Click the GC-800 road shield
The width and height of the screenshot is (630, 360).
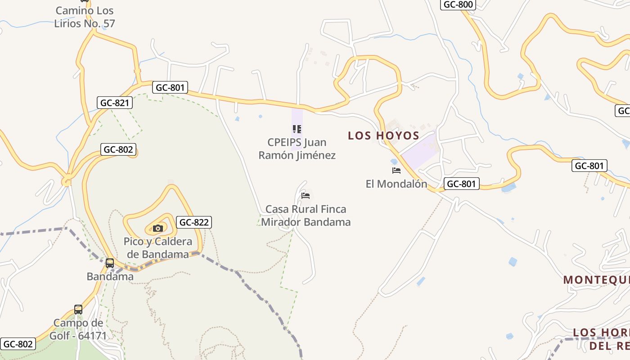[458, 4]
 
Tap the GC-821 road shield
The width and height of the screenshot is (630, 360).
[115, 103]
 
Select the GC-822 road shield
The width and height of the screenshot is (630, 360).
[194, 222]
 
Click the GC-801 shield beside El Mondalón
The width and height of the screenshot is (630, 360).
[461, 184]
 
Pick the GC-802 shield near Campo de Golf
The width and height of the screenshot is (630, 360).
[18, 344]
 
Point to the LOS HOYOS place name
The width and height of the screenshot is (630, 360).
[383, 135]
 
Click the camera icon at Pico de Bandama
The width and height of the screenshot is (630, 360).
[157, 229]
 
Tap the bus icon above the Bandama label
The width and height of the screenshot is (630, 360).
[110, 263]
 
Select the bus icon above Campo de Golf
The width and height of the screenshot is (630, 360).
[78, 310]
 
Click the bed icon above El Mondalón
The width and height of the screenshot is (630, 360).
[396, 171]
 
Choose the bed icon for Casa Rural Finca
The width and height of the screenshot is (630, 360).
[306, 196]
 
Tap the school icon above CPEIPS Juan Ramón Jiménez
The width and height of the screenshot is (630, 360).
[297, 130]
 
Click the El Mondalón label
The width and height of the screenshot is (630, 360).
[396, 184]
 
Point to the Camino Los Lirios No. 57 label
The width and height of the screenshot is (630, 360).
[85, 17]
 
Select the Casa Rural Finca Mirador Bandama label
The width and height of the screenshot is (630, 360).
[306, 216]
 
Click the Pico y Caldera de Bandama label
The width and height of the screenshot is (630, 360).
[157, 248]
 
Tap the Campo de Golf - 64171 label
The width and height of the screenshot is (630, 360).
[80, 329]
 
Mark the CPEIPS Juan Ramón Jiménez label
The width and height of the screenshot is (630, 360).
[297, 149]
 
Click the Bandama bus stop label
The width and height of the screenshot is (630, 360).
[110, 276]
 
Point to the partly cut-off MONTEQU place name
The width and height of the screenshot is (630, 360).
[596, 280]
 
